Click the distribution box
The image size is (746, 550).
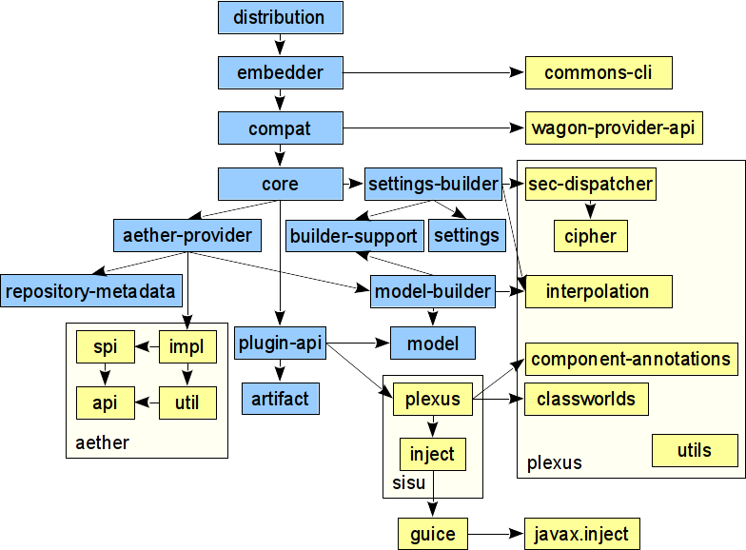click(280, 17)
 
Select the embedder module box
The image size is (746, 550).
click(280, 72)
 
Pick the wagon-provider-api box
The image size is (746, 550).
click(614, 128)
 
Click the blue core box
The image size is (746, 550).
click(280, 184)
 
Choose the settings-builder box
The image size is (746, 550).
click(433, 184)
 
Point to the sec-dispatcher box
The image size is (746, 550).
click(591, 184)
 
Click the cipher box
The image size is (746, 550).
click(591, 236)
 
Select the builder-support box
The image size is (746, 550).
click(354, 236)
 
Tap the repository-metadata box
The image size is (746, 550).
click(92, 291)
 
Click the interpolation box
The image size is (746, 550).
click(598, 291)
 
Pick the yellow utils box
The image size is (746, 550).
click(695, 450)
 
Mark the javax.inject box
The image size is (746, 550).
click(581, 534)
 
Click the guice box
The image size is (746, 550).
click(433, 534)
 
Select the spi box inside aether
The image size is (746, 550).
click(105, 347)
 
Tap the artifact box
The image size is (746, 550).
click(280, 399)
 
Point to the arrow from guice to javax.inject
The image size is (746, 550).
click(496, 534)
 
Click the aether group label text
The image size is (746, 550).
click(102, 442)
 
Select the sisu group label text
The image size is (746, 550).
click(409, 482)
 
